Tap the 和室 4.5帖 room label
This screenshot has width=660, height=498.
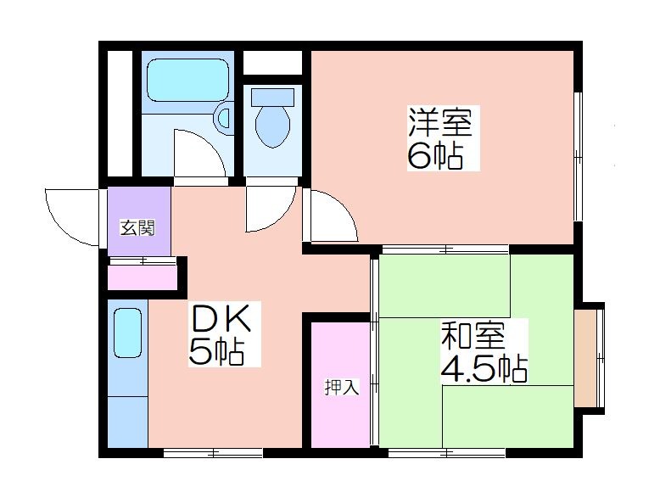pyautogui.click(x=484, y=351)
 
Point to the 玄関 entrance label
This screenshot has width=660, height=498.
pyautogui.click(x=138, y=228)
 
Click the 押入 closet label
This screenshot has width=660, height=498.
pyautogui.click(x=342, y=388)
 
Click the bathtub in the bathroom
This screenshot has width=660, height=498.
pyautogui.click(x=188, y=80)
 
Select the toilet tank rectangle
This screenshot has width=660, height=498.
pyautogui.click(x=272, y=98)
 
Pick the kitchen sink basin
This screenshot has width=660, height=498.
pyautogui.click(x=127, y=333)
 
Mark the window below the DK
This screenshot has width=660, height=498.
pyautogui.click(x=213, y=453)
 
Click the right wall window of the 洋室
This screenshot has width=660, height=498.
pyautogui.click(x=579, y=156)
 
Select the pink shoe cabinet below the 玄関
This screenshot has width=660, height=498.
pyautogui.click(x=143, y=277)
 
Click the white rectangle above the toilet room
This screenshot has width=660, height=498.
pyautogui.click(x=272, y=62)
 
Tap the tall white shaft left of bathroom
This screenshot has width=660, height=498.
pyautogui.click(x=120, y=113)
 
